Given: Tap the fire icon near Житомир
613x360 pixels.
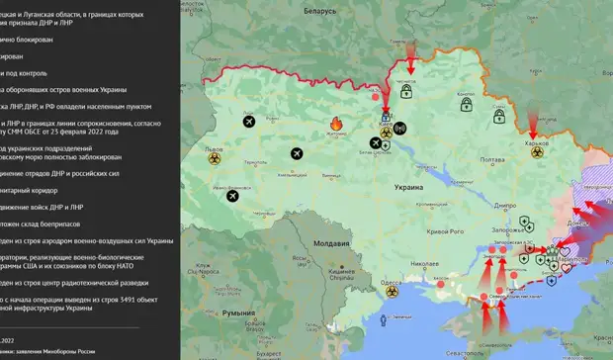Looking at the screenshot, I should (335, 125).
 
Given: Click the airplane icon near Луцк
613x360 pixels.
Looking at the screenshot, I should (247, 122).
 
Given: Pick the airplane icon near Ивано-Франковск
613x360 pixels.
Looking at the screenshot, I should (232, 195).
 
